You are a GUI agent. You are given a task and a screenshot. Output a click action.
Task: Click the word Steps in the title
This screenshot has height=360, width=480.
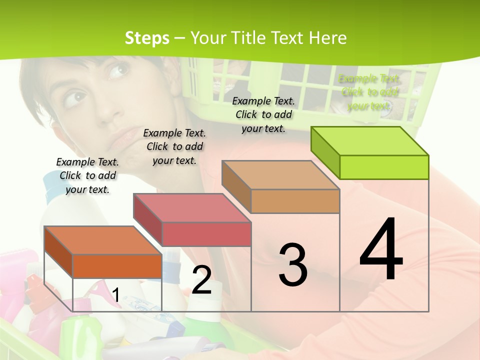pyautogui.click(x=147, y=38)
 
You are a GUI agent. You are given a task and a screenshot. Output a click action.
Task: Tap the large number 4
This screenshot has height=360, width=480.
pyautogui.click(x=381, y=250)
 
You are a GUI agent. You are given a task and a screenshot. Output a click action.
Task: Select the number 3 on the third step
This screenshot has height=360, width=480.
pyautogui.click(x=293, y=265)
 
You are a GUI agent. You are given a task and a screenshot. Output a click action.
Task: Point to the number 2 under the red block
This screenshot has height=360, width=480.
pyautogui.click(x=201, y=280)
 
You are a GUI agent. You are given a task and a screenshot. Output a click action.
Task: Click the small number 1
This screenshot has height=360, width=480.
pyautogui.click(x=115, y=295)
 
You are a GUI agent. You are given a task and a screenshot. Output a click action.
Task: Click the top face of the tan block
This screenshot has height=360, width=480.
pyautogui.click(x=280, y=175)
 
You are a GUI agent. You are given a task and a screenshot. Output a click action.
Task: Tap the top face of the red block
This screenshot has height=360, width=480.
pyautogui.click(x=192, y=207)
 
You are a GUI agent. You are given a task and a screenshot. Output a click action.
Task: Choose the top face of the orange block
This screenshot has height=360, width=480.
pyautogui.click(x=103, y=240)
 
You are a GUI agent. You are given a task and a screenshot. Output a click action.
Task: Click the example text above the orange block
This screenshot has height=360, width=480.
pyautogui.click(x=87, y=175)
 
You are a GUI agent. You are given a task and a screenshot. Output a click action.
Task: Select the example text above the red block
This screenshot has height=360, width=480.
pyautogui.click(x=174, y=146)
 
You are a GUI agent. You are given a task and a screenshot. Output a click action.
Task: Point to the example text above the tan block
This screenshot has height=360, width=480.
pyautogui.click(x=263, y=114)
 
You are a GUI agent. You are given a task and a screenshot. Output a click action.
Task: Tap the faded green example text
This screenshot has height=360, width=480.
pyautogui.click(x=369, y=92)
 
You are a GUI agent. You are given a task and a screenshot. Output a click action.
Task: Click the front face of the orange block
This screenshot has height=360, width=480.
pyautogui.click(x=117, y=266)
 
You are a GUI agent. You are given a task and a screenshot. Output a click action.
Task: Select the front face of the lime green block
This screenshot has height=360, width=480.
pyautogui.click(x=384, y=167)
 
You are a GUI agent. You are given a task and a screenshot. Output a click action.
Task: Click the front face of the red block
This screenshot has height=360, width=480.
pyautogui.click(x=206, y=234)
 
